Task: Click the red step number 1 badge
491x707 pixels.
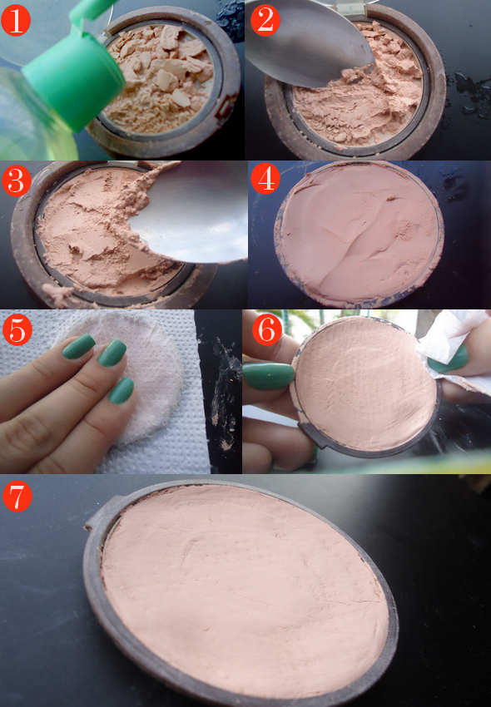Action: [15, 21]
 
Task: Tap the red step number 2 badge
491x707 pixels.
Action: [265, 21]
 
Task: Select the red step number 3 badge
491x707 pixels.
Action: [17, 180]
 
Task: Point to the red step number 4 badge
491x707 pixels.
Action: [265, 180]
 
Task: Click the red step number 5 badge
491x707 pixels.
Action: [17, 330]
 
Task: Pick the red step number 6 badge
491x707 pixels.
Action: [266, 330]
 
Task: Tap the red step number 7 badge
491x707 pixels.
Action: [17, 496]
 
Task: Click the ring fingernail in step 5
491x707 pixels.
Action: [121, 390]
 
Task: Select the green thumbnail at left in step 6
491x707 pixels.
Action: [268, 376]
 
